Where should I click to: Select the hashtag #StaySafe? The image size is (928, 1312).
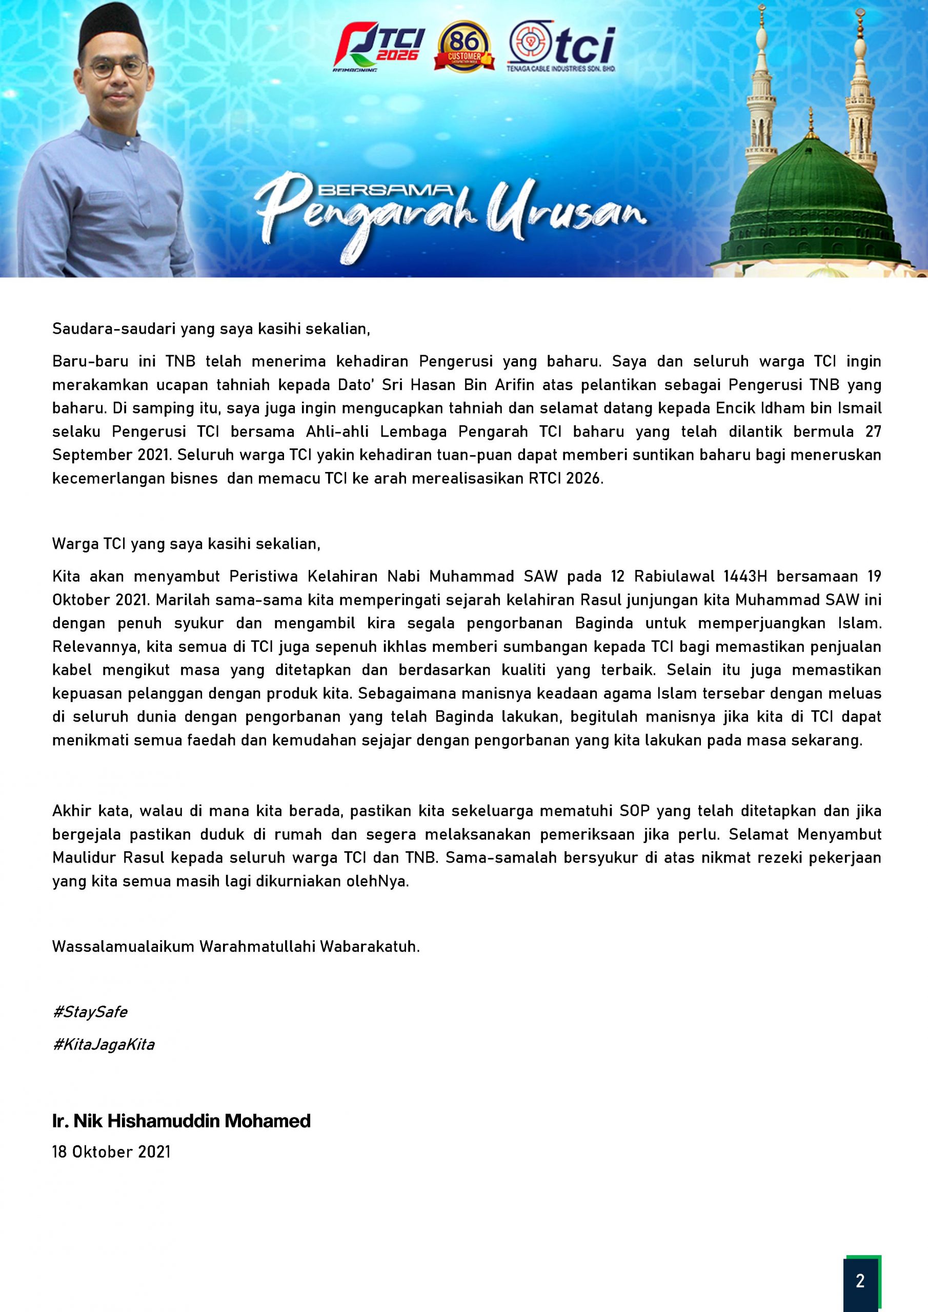coord(90,1012)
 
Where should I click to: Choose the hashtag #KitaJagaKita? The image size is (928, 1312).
coord(104,1044)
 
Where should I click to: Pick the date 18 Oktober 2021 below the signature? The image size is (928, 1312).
coord(111,1152)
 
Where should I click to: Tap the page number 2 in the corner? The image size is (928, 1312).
coord(860,1281)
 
